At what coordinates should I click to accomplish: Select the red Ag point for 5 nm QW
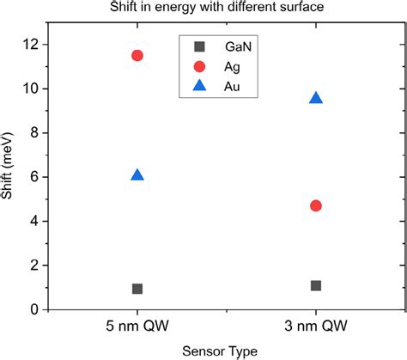click(137, 55)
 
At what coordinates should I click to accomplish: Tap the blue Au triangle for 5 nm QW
click(137, 175)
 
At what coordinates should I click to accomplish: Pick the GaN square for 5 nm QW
click(137, 289)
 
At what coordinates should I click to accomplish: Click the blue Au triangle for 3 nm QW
click(316, 98)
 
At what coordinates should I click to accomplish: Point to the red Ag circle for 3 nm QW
click(316, 205)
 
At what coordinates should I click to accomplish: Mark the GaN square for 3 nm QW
click(316, 285)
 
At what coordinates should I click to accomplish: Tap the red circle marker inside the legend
click(199, 66)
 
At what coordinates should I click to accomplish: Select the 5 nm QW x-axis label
click(137, 326)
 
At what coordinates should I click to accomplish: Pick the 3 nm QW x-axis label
click(316, 326)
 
